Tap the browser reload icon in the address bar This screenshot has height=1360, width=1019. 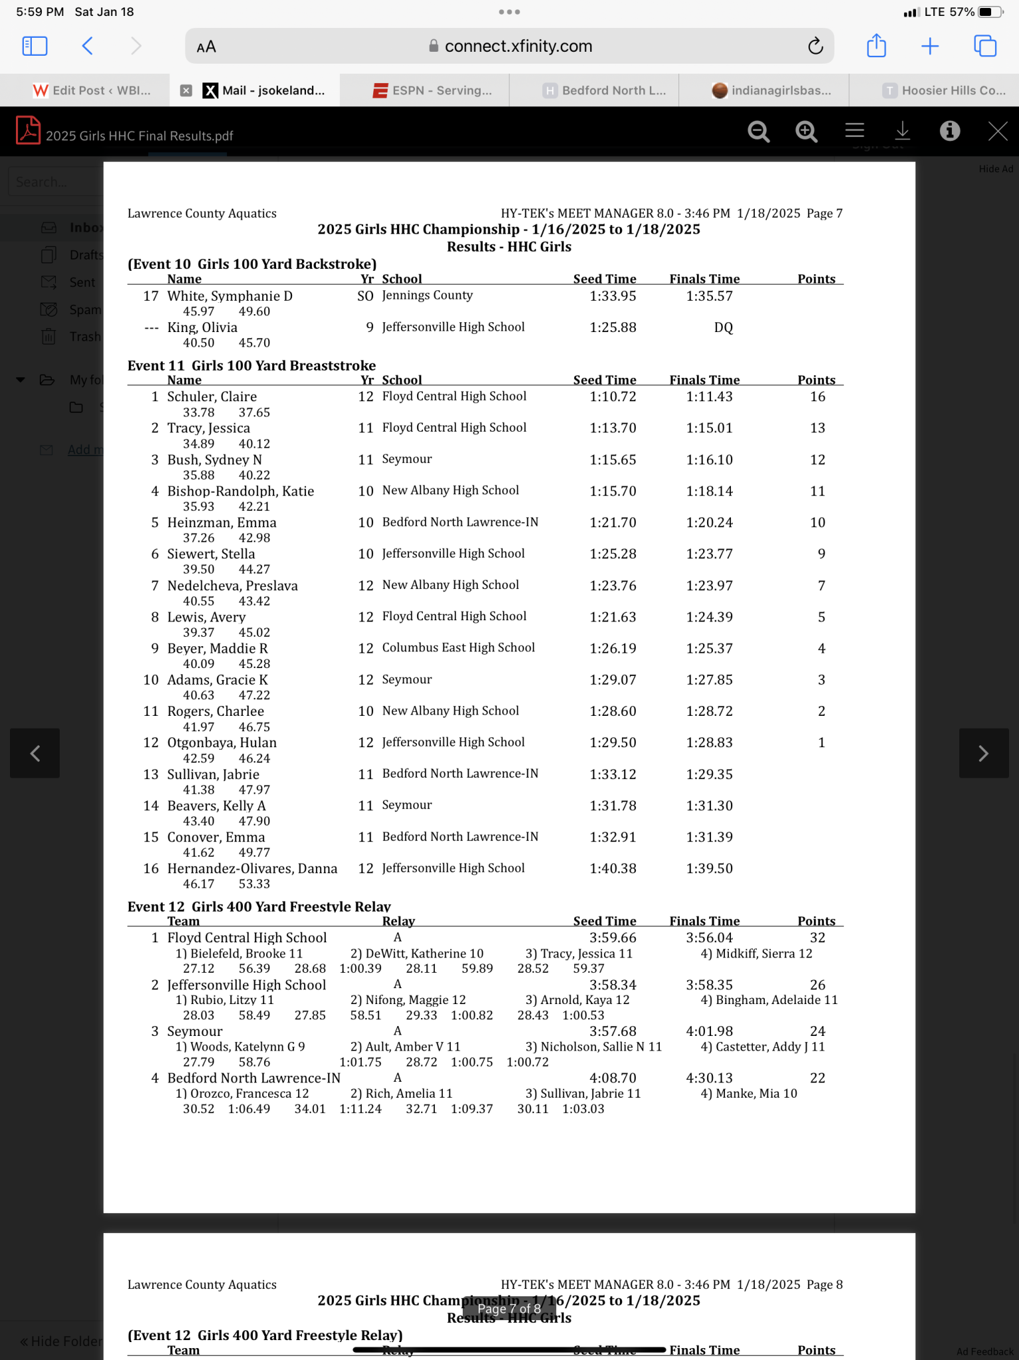[x=815, y=46]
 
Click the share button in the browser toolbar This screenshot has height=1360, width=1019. [x=876, y=46]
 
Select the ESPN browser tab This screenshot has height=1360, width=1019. [x=433, y=90]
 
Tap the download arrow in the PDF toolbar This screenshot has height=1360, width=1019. [x=902, y=131]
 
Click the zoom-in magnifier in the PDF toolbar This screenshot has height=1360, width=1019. [x=806, y=131]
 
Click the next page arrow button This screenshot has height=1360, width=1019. [x=983, y=753]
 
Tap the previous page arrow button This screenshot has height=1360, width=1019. [x=35, y=753]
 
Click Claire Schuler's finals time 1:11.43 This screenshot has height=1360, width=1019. [x=709, y=397]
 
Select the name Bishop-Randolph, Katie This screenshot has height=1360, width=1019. [x=240, y=491]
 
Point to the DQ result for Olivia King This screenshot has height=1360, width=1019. [x=723, y=327]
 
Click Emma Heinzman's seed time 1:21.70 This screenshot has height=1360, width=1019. [x=613, y=523]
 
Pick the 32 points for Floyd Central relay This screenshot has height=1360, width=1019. [x=817, y=938]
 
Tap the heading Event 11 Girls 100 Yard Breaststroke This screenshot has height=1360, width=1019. [x=252, y=365]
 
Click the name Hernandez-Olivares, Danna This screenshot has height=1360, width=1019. [x=252, y=869]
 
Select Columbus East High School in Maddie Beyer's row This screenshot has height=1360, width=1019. [x=458, y=648]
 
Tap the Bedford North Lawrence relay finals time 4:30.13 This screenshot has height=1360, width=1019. [x=709, y=1078]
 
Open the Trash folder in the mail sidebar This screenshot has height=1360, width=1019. [x=84, y=337]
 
